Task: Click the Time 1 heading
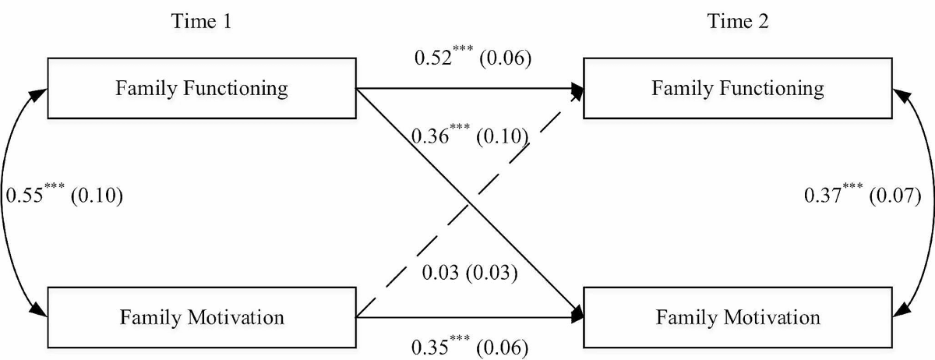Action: pyautogui.click(x=201, y=22)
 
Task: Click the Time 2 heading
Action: pyautogui.click(x=738, y=22)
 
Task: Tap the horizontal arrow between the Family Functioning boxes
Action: pyautogui.click(x=467, y=88)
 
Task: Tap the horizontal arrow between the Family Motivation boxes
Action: pyautogui.click(x=467, y=317)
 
